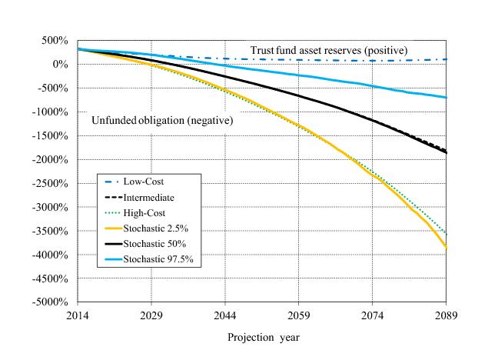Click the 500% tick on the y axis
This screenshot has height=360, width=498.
point(58,40)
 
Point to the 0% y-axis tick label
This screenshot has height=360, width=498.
point(62,64)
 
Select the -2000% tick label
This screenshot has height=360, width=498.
point(54,159)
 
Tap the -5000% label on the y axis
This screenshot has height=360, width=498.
point(54,302)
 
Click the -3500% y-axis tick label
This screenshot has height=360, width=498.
point(54,231)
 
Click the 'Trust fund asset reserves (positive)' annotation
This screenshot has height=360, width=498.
point(328,51)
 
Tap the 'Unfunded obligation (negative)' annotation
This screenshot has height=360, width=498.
point(162,120)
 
